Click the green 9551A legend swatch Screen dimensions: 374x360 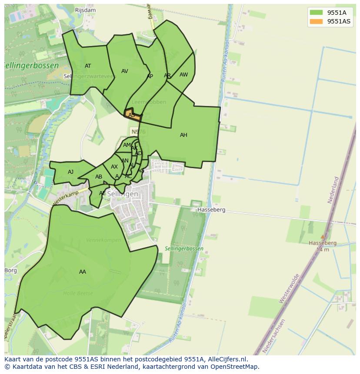[316, 13]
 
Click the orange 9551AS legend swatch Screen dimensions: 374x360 [316, 21]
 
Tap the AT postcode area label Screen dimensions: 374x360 [88, 66]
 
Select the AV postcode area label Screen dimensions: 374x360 [125, 71]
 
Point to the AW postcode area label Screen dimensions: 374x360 [183, 75]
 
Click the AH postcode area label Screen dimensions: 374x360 [183, 135]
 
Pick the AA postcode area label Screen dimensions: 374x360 [83, 272]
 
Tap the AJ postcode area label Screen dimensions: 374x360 [70, 172]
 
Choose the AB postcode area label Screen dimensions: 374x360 [99, 177]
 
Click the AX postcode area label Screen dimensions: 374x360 [114, 167]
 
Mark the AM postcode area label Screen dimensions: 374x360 [127, 145]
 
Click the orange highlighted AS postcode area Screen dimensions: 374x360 [133, 116]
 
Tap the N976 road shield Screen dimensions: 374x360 [136, 131]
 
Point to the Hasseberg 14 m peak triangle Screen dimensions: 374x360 [322, 237]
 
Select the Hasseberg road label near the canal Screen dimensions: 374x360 [211, 210]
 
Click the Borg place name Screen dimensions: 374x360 [10, 270]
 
